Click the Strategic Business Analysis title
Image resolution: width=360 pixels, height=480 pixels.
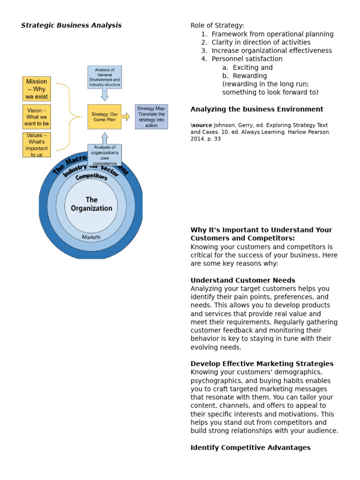tap(71, 25)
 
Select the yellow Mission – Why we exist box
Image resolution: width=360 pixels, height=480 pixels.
tap(37, 89)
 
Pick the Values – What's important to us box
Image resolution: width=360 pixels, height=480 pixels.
tap(37, 145)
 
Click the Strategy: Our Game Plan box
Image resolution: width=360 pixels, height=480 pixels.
tap(104, 117)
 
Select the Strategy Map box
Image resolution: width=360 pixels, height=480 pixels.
tap(151, 117)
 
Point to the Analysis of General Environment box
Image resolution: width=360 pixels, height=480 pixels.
tap(105, 77)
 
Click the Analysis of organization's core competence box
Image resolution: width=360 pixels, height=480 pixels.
tap(105, 155)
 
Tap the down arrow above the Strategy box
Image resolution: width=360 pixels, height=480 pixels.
tap(105, 95)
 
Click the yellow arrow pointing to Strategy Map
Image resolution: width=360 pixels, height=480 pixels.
tap(126, 117)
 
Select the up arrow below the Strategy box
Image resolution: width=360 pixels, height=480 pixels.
tap(105, 138)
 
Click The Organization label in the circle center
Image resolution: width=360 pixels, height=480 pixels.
tap(91, 204)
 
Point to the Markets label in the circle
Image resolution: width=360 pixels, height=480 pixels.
tap(91, 237)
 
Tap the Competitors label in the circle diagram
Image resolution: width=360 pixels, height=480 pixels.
tap(91, 177)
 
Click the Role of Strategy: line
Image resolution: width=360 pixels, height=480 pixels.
tap(217, 25)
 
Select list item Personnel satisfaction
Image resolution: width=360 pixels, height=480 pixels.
tap(247, 59)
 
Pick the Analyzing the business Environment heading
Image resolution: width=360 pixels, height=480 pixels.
tap(256, 109)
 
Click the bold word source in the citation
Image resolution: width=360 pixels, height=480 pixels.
tap(202, 125)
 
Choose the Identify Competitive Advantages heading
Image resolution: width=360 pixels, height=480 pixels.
tap(250, 448)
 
